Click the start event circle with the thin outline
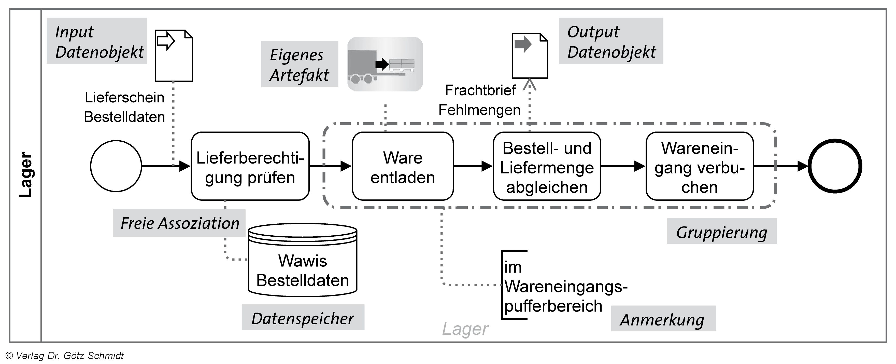tap(116, 166)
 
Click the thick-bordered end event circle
tap(834, 166)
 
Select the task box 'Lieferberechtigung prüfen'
tap(250, 166)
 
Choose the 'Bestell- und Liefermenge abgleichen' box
tap(547, 166)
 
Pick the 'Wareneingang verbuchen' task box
tap(700, 166)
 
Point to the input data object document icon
tap(174, 56)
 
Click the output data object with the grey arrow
tap(530, 56)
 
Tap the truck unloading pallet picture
tap(385, 64)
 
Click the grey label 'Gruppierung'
tap(721, 231)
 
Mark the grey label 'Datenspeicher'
tap(303, 318)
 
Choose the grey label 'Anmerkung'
tap(663, 319)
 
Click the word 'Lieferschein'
tap(124, 97)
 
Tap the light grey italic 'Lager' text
tap(465, 329)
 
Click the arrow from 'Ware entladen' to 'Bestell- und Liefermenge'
tap(473, 166)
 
